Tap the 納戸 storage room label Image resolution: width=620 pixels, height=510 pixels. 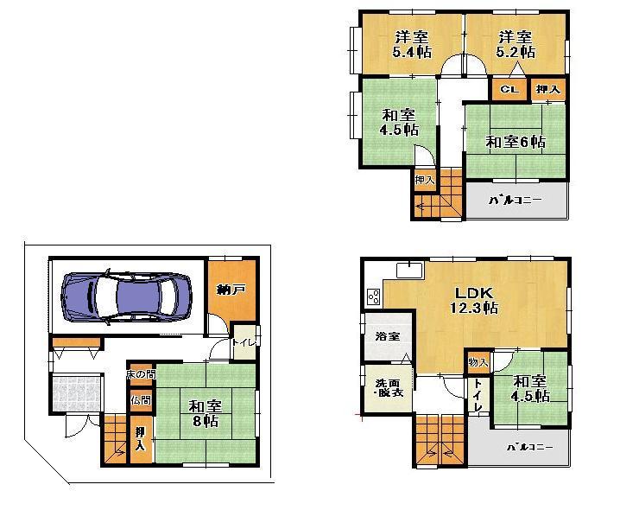coord(231,290)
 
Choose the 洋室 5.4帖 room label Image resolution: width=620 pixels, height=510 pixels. coord(411,44)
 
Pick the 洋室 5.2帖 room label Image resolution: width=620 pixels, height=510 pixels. coord(515,44)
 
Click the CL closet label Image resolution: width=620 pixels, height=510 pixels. coord(509,89)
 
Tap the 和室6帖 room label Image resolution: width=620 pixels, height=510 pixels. coord(515,141)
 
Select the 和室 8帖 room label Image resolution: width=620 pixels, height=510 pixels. coord(204,412)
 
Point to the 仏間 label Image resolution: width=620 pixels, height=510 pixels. coord(140,400)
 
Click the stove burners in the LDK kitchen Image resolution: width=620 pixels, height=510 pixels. coord(374,297)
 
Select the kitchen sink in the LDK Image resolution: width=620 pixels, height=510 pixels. coord(408,271)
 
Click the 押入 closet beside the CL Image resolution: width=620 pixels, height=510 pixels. coord(547,89)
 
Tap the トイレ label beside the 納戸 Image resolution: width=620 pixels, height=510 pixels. coord(245,342)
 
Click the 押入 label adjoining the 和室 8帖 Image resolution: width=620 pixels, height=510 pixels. coord(140,438)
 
